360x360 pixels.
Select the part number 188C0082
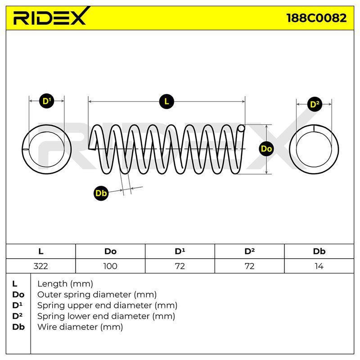pyautogui.click(x=317, y=18)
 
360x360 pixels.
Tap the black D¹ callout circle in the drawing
pyautogui.click(x=47, y=101)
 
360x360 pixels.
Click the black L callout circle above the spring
pyautogui.click(x=166, y=101)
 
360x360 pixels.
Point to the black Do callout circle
pyautogui.click(x=266, y=149)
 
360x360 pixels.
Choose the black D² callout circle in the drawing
pyautogui.click(x=314, y=104)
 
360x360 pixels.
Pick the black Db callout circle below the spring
pyautogui.click(x=101, y=193)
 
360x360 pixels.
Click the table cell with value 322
pyautogui.click(x=40, y=266)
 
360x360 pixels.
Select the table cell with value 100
pyautogui.click(x=110, y=266)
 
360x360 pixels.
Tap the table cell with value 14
pyautogui.click(x=319, y=266)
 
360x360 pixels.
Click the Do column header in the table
pyautogui.click(x=110, y=252)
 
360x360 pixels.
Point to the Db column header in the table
pyautogui.click(x=319, y=252)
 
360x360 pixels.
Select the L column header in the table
pyautogui.click(x=40, y=252)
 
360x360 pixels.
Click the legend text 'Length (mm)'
pyautogui.click(x=65, y=284)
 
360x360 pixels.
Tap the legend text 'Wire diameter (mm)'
pyautogui.click(x=80, y=327)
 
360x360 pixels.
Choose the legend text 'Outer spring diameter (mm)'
pyautogui.click(x=97, y=295)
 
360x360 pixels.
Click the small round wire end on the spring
pyautogui.click(x=241, y=128)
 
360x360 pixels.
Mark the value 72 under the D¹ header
pyautogui.click(x=180, y=266)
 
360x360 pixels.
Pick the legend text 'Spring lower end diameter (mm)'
pyautogui.click(x=106, y=316)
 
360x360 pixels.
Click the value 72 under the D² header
pyautogui.click(x=249, y=266)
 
